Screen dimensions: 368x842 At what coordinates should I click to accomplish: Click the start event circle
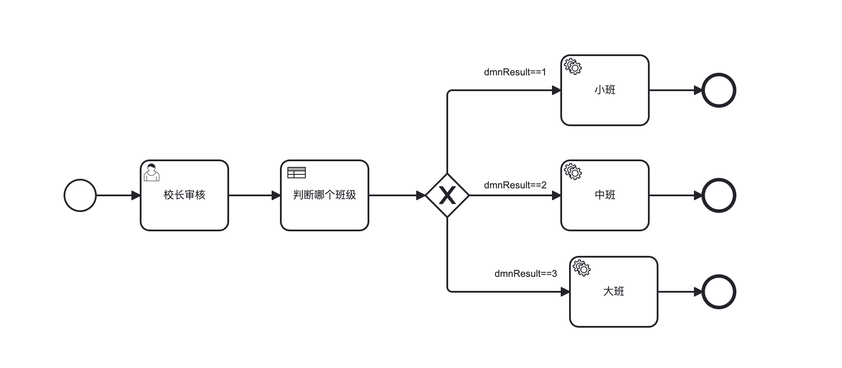[80, 195]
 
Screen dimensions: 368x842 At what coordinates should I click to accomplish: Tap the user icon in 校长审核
[152, 172]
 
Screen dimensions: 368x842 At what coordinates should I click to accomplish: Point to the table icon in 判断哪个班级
[296, 173]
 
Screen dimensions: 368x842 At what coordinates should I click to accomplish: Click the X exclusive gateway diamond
[447, 195]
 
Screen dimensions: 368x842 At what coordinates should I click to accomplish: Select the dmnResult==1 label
[515, 72]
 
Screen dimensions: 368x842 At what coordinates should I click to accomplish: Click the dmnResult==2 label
[515, 185]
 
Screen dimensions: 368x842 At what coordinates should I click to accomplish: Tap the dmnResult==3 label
[526, 274]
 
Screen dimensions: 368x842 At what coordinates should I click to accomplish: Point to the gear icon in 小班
[573, 67]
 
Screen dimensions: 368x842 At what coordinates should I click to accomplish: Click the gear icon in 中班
[573, 172]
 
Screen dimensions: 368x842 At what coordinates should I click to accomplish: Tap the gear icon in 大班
[582, 268]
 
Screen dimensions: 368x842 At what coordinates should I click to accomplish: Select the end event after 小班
[719, 90]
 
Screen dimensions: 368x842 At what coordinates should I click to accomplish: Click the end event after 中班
[719, 195]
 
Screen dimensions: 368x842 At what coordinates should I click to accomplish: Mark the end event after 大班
[719, 292]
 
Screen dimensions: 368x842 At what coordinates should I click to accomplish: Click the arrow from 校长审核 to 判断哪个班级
[255, 195]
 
